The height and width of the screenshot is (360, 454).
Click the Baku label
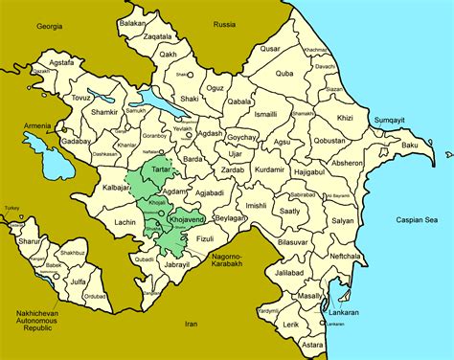(410, 145)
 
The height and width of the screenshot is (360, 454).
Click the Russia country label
(225, 24)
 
